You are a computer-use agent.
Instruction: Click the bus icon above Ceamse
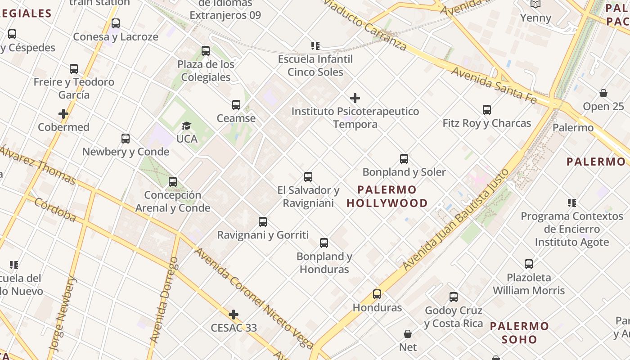tap(236, 105)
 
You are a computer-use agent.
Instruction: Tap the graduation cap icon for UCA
tap(186, 126)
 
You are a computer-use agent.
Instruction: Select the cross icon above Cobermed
tap(63, 114)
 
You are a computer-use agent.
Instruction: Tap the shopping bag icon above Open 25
tap(603, 93)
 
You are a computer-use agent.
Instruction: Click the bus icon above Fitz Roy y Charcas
tap(486, 110)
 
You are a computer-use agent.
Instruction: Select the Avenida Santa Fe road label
tap(494, 85)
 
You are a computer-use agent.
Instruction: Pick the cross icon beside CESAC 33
tap(234, 314)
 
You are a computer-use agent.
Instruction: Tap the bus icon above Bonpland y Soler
tap(404, 159)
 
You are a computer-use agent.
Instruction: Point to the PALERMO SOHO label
tap(520, 333)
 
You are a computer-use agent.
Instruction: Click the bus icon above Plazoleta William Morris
tap(529, 264)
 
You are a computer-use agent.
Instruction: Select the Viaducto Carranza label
tap(365, 25)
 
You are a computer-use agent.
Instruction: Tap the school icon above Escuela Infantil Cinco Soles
tap(315, 45)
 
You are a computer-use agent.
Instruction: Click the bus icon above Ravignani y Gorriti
tap(263, 222)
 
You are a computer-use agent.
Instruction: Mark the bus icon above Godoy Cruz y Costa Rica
tap(454, 297)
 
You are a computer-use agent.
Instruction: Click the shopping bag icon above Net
tap(408, 334)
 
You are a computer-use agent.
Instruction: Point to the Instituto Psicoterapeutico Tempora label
tap(355, 117)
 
